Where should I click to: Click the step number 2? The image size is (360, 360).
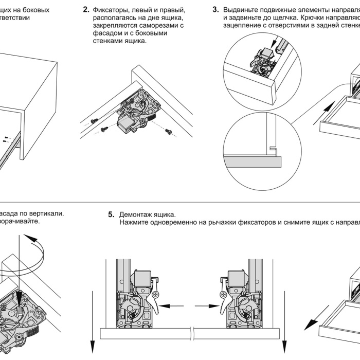pyautogui.click(x=86, y=10)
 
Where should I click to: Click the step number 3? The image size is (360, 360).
pyautogui.click(x=215, y=10)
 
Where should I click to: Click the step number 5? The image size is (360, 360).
pyautogui.click(x=111, y=214)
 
